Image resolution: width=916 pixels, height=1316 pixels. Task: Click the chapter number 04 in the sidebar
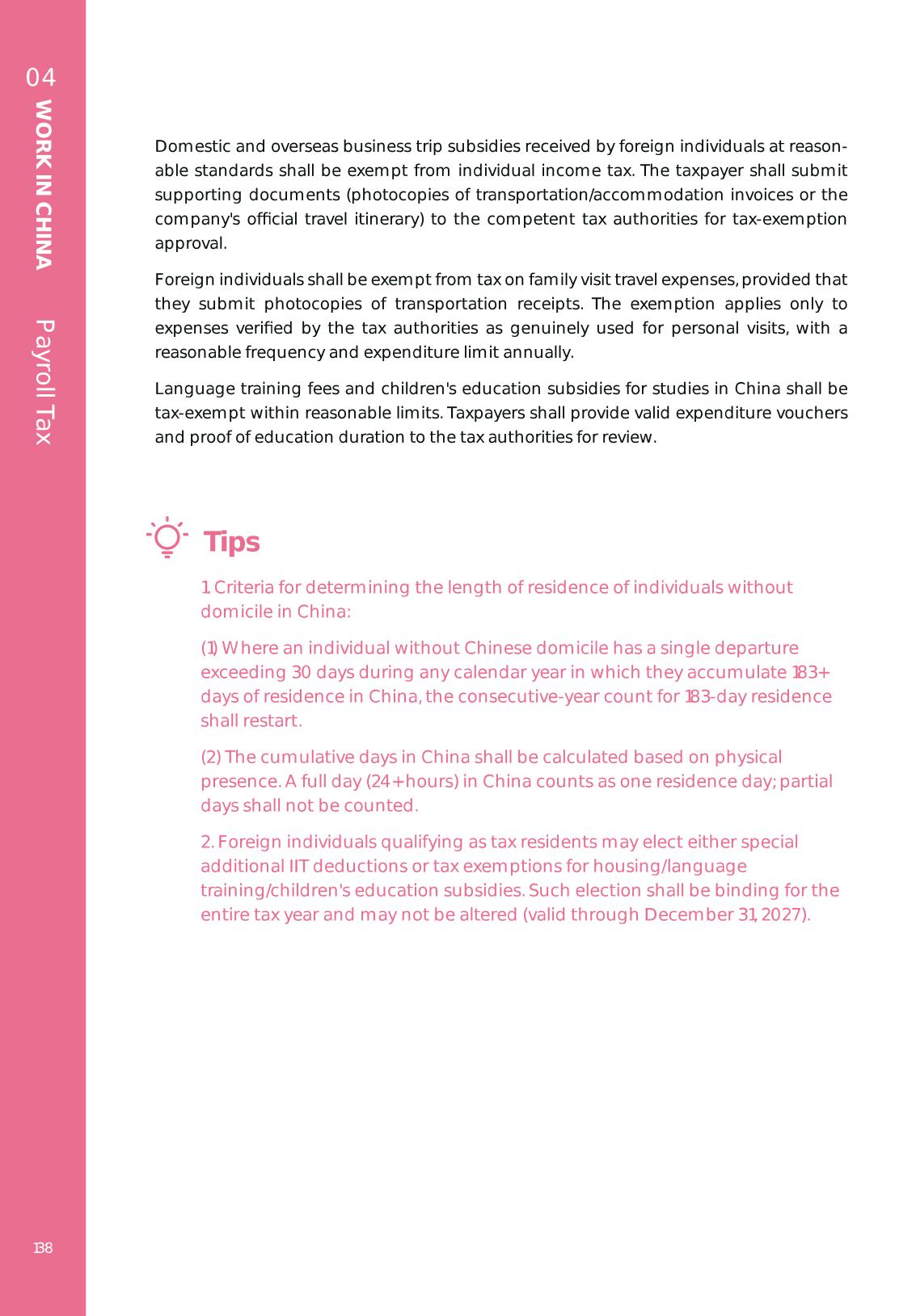pyautogui.click(x=41, y=78)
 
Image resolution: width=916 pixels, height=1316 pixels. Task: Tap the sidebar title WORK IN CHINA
pyautogui.click(x=44, y=184)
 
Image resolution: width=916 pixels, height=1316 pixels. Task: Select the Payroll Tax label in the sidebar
pyautogui.click(x=44, y=382)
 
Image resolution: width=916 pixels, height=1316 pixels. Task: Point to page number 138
pyautogui.click(x=43, y=1248)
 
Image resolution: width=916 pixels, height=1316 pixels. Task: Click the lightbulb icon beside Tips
pyautogui.click(x=167, y=537)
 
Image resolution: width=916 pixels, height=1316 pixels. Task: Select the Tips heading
pyautogui.click(x=232, y=542)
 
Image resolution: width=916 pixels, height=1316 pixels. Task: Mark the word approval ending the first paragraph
pyautogui.click(x=190, y=243)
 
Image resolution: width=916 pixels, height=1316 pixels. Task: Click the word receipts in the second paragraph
pyautogui.click(x=551, y=304)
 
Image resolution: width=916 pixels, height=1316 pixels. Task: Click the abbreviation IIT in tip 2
pyautogui.click(x=298, y=866)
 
